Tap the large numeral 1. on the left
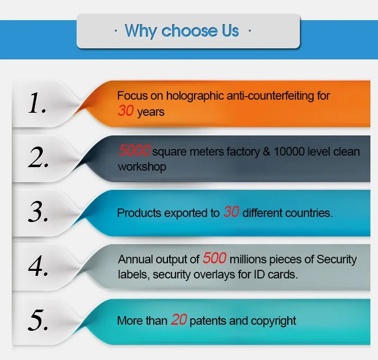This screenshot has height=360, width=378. click(37, 103)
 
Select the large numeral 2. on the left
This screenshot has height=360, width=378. click(38, 157)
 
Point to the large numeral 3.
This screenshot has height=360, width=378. click(38, 211)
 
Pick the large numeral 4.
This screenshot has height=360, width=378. click(38, 266)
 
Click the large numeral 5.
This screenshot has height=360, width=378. click(38, 320)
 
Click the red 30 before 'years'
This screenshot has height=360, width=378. click(125, 111)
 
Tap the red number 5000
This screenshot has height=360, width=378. click(135, 150)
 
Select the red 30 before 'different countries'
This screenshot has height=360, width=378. click(231, 211)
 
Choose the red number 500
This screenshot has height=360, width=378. click(215, 258)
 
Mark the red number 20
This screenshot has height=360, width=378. click(179, 320)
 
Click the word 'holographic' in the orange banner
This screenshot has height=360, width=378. click(195, 96)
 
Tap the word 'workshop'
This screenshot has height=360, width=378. click(142, 167)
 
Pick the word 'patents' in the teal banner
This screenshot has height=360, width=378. click(208, 321)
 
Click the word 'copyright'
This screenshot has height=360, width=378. click(273, 321)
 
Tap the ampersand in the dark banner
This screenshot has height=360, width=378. click(267, 152)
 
